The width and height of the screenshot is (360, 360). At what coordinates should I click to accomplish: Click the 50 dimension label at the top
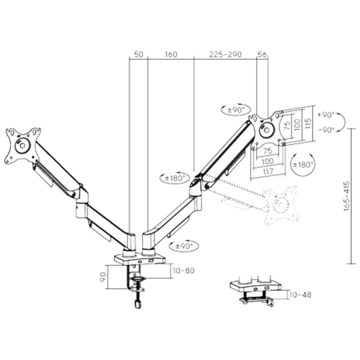(138, 54)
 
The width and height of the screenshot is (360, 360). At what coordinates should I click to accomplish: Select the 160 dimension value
(171, 54)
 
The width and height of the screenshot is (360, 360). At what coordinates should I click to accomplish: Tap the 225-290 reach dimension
(224, 54)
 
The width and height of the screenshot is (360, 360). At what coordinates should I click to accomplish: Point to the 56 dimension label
(262, 54)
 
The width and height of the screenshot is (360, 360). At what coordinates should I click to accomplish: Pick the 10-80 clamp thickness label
(184, 271)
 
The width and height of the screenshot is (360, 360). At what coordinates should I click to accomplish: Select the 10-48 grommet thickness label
(300, 295)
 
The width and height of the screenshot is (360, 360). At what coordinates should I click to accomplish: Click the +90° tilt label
(326, 115)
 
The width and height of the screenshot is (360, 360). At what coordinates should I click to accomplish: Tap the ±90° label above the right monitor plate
(235, 109)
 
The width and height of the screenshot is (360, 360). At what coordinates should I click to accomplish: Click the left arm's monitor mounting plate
(22, 146)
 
